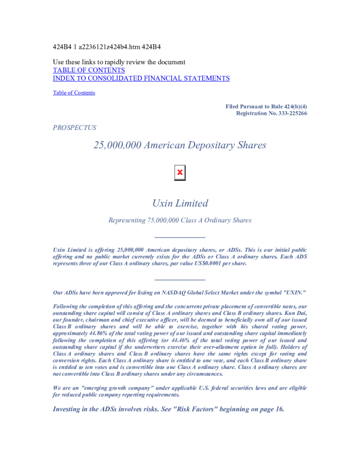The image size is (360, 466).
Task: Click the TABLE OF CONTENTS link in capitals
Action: click(89, 70)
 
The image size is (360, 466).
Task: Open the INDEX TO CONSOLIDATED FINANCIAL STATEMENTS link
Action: click(141, 78)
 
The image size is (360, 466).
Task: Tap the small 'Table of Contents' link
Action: click(74, 92)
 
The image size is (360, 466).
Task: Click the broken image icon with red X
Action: click(180, 172)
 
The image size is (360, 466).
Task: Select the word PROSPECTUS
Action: click(74, 127)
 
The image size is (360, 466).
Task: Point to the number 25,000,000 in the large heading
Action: click(118, 145)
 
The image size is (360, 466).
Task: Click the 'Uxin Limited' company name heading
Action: click(180, 204)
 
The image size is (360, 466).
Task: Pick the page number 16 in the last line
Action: click(278, 409)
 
